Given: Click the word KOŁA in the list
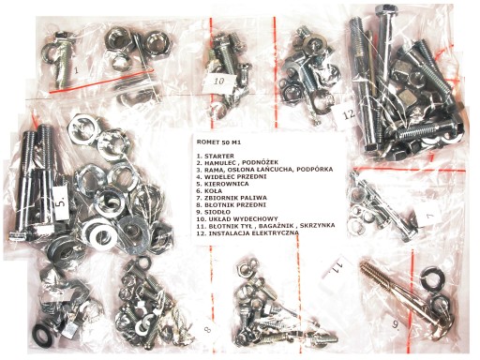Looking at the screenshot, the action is pyautogui.click(x=213, y=191).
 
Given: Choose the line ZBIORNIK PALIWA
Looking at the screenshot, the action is pyautogui.click(x=235, y=198).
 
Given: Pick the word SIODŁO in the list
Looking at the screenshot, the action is pyautogui.click(x=217, y=212).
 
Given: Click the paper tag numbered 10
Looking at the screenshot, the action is pyautogui.click(x=219, y=82).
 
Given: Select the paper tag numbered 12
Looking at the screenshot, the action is pyautogui.click(x=347, y=114).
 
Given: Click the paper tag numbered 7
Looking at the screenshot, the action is pyautogui.click(x=429, y=215).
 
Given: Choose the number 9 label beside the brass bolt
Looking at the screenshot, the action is pyautogui.click(x=397, y=325).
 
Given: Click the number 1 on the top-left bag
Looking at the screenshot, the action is pyautogui.click(x=76, y=70).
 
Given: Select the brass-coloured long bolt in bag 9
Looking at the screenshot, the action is pyautogui.click(x=405, y=299).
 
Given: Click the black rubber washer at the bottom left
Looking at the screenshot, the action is pyautogui.click(x=42, y=335).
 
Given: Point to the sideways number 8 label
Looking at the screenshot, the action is pyautogui.click(x=207, y=329).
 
